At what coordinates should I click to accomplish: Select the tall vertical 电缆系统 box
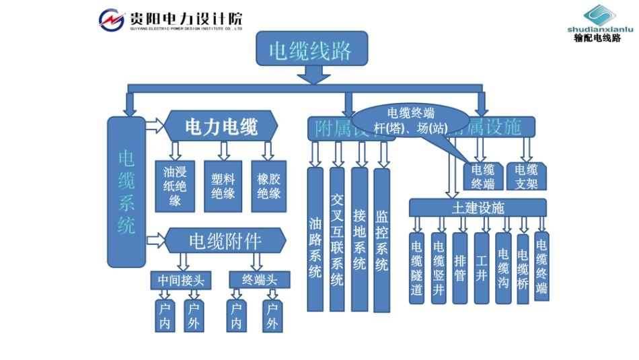pyautogui.click(x=126, y=192)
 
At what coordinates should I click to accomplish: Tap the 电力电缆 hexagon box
pyautogui.click(x=221, y=126)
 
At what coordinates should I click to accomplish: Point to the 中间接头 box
pyautogui.click(x=180, y=279)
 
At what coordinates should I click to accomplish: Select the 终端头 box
pyautogui.click(x=259, y=279)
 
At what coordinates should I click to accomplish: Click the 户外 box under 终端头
pyautogui.click(x=272, y=316)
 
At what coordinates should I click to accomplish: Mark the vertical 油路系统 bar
pyautogui.click(x=315, y=240)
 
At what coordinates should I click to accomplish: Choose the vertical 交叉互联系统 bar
pyautogui.click(x=337, y=240)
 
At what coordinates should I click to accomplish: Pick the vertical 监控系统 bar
pyautogui.click(x=381, y=240)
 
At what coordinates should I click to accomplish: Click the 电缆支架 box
pyautogui.click(x=526, y=176)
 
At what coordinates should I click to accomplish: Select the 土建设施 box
pyautogui.click(x=478, y=207)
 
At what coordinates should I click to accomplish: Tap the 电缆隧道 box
pyautogui.click(x=417, y=268)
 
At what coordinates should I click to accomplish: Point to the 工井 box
pyautogui.click(x=481, y=268)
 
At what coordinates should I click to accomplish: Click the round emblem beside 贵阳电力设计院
pyautogui.click(x=112, y=20)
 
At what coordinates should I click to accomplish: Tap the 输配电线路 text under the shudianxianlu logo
pyautogui.click(x=598, y=38)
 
